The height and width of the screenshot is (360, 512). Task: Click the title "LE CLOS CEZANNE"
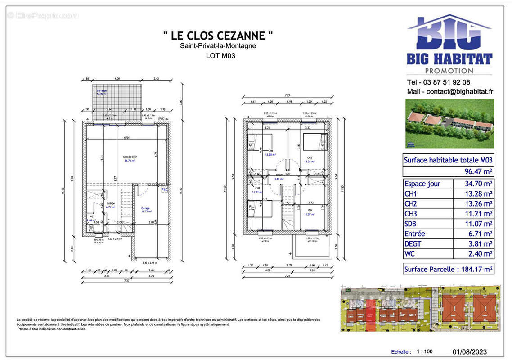pyautogui.click(x=218, y=35)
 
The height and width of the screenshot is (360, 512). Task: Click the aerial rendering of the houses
pyautogui.click(x=449, y=124)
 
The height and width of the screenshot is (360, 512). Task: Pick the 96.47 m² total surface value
pyautogui.click(x=478, y=171)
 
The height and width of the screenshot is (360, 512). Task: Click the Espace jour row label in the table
pyautogui.click(x=422, y=184)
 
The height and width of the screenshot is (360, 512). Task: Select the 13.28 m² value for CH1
pyautogui.click(x=478, y=193)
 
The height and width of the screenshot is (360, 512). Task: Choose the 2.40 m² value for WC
pyautogui.click(x=478, y=254)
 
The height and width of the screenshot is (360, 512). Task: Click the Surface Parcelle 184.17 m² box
pyautogui.click(x=448, y=269)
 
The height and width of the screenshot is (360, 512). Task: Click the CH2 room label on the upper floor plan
pyautogui.click(x=309, y=157)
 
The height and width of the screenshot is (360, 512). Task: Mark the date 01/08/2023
pyautogui.click(x=469, y=352)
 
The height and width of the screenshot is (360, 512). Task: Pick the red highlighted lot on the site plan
pyautogui.click(x=370, y=311)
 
